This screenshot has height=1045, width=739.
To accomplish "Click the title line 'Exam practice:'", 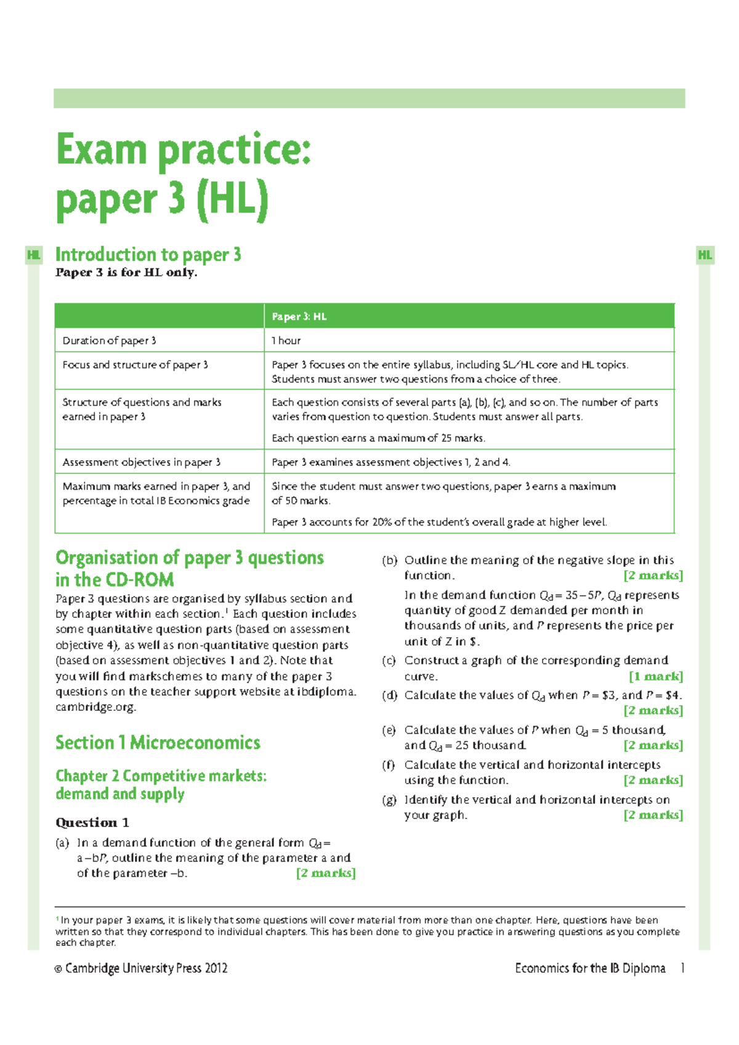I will click(x=184, y=150).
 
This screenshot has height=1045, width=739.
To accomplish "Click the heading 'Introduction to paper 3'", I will click(x=148, y=254).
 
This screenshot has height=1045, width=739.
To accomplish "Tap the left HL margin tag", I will click(x=34, y=255).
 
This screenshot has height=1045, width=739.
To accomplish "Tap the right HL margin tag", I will click(x=705, y=255).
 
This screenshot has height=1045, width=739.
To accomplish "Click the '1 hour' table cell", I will click(x=286, y=340).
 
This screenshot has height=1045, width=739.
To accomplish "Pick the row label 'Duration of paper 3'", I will click(x=109, y=340).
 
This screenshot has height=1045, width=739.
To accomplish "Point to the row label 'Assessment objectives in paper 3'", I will click(x=141, y=462).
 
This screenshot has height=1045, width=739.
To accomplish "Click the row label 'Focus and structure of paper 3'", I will click(x=135, y=364).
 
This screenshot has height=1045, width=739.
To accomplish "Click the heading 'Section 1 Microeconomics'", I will click(x=158, y=742).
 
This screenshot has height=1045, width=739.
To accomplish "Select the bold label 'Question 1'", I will click(x=92, y=822).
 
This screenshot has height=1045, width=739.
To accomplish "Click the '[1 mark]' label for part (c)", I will click(x=656, y=676).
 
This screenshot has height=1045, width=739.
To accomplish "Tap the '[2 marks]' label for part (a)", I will click(x=326, y=873).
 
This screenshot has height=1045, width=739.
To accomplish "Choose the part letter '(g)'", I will click(x=389, y=799).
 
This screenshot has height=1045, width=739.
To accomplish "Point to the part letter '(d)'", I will click(x=389, y=695).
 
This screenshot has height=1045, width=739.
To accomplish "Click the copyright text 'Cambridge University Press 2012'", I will click(x=146, y=968).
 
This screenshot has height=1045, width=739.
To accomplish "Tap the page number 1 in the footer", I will click(x=682, y=968).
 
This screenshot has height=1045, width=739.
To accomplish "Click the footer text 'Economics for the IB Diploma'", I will click(x=590, y=968).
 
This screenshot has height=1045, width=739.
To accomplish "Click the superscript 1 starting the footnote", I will click(x=57, y=919).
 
